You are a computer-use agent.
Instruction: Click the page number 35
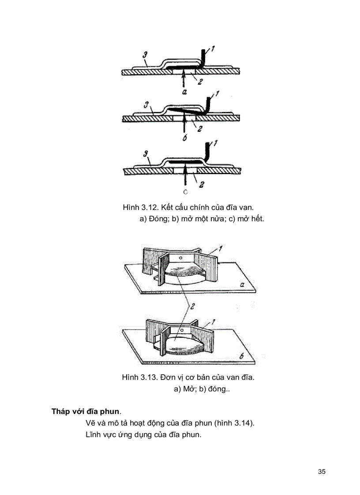(x=321, y=472)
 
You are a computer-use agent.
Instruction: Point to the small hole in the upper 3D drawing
(x=180, y=256)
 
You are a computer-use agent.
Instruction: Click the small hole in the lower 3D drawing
(x=181, y=329)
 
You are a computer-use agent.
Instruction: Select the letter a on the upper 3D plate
(x=242, y=284)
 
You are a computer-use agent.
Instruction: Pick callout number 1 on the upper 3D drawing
(x=219, y=249)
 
